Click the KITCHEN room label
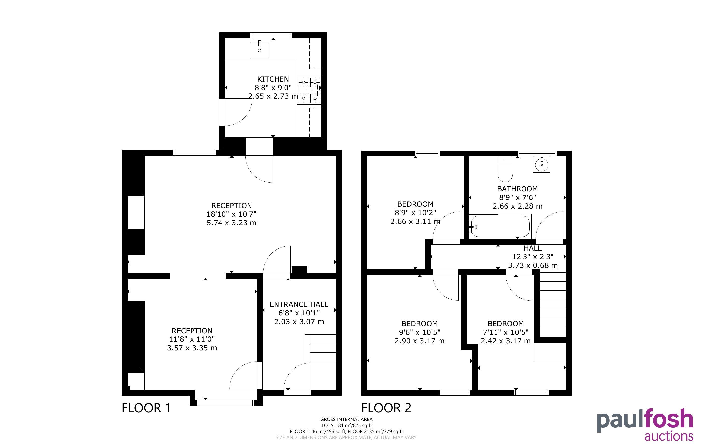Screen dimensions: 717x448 pyautogui.click(x=273, y=79)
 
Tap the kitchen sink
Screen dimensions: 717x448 pyautogui.click(x=260, y=50)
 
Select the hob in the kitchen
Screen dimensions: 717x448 pyautogui.click(x=309, y=90)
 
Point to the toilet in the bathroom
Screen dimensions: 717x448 pyautogui.click(x=505, y=169)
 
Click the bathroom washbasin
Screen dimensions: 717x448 pyautogui.click(x=541, y=165)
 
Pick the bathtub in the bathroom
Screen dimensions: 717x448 pyautogui.click(x=500, y=226)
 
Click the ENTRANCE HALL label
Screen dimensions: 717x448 pyautogui.click(x=299, y=304)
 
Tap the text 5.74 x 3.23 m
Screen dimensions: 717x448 pyautogui.click(x=232, y=223)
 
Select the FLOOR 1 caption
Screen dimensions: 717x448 pyautogui.click(x=146, y=408)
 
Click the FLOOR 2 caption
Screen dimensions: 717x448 pyautogui.click(x=386, y=408)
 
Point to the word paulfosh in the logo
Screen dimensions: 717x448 pyautogui.click(x=645, y=420)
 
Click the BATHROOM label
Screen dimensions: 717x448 pyautogui.click(x=517, y=189)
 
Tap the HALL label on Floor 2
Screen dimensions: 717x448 pyautogui.click(x=532, y=248)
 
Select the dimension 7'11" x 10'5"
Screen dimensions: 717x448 pyautogui.click(x=506, y=332)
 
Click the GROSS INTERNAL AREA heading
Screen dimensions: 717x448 pyautogui.click(x=346, y=419)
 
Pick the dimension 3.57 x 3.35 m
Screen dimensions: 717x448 pyautogui.click(x=192, y=348)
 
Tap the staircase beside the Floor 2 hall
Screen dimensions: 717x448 pyautogui.click(x=553, y=305)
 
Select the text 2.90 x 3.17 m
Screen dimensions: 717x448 pyautogui.click(x=419, y=341)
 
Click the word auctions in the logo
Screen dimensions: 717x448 pyautogui.click(x=669, y=436)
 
